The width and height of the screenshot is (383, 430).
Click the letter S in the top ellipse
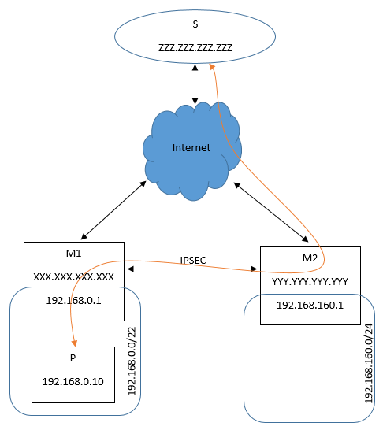195,24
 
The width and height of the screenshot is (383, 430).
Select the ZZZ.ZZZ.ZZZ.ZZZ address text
195,47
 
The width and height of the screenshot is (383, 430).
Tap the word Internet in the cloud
191,148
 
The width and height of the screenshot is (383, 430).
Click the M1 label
73,253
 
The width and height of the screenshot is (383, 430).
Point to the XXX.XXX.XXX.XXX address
73,276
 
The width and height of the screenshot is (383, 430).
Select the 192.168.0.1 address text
73,301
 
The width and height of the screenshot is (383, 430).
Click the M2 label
310,258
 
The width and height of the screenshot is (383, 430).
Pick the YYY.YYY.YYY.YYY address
310,282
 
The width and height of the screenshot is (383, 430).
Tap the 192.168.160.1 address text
310,306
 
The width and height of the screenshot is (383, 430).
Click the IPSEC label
193,260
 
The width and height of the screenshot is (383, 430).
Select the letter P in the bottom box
73,358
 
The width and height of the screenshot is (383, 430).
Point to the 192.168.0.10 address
73,381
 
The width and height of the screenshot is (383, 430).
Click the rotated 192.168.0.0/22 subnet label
132,361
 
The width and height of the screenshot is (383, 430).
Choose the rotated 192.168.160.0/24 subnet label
369,363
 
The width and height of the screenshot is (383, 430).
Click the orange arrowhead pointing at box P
74,343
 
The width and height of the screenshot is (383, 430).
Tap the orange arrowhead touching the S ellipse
211,67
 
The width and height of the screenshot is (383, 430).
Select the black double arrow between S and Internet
195,84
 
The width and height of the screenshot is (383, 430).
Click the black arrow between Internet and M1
113,210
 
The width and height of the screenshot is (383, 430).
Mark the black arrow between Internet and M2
271,212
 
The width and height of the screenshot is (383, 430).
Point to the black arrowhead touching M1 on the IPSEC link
131,269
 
